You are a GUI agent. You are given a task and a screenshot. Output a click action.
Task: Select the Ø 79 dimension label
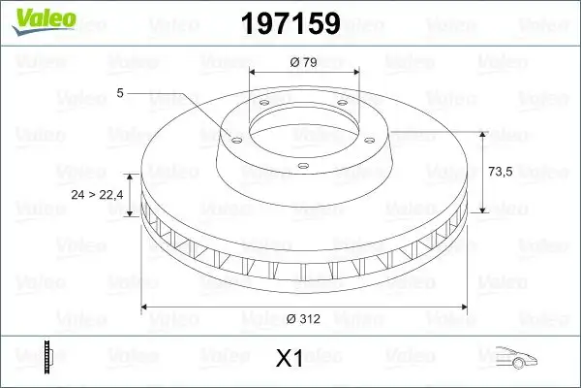pos(304,62)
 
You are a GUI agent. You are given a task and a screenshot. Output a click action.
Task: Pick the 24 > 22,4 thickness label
pos(98,195)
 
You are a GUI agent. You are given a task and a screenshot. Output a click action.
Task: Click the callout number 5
pos(119,93)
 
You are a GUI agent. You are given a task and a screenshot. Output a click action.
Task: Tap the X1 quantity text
pos(290,360)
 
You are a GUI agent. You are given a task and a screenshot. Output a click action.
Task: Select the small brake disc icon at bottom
pos(47,357)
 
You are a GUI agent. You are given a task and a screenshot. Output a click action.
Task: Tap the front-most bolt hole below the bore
pos(302,165)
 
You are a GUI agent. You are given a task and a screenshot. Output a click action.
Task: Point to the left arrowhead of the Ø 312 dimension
pos(146,308)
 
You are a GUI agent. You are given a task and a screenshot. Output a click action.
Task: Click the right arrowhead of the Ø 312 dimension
pos(463,308)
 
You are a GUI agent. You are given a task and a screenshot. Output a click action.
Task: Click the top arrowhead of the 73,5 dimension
pos(482,134)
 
